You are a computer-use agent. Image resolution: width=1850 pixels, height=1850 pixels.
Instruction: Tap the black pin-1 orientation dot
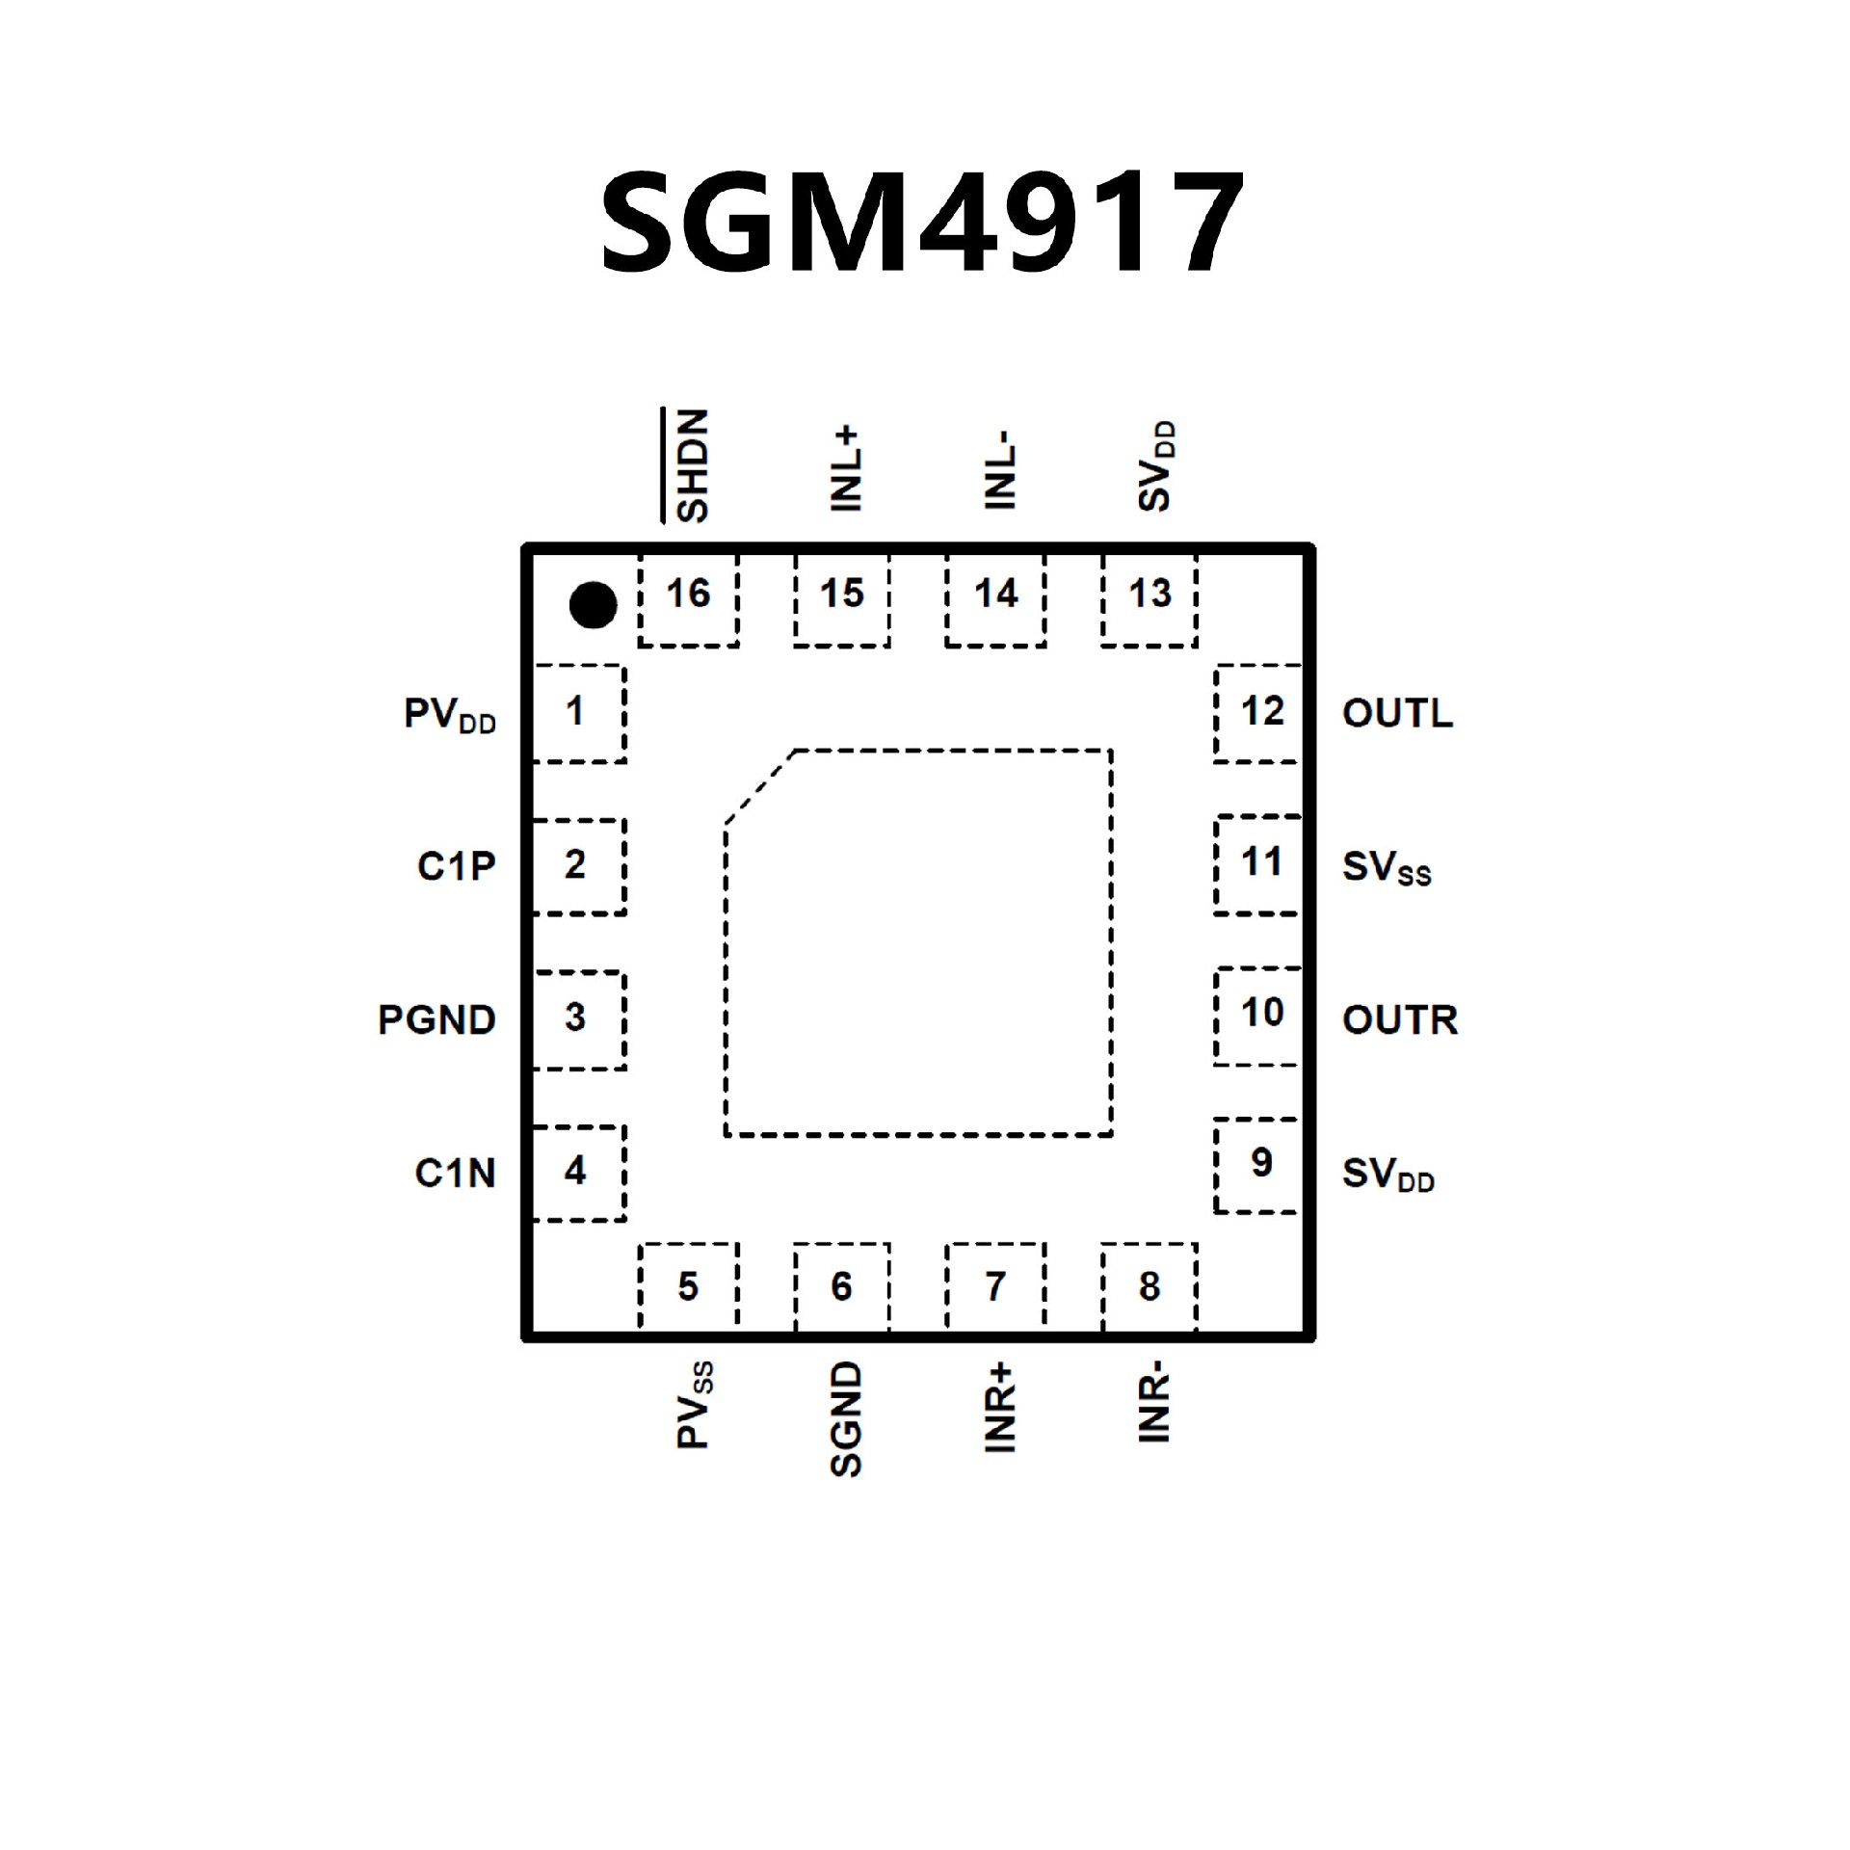[x=593, y=605]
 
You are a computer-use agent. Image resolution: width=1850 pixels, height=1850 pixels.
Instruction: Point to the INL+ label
[x=845, y=470]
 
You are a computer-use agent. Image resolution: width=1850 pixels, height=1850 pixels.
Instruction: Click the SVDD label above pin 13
[x=1155, y=466]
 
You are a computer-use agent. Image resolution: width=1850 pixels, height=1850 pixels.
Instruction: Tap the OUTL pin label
[x=1397, y=714]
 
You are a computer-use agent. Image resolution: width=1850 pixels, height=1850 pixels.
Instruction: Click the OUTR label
[x=1400, y=1020]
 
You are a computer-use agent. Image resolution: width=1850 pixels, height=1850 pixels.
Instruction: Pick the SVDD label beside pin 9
[x=1387, y=1175]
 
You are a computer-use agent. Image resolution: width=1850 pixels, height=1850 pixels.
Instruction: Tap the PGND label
[x=436, y=1020]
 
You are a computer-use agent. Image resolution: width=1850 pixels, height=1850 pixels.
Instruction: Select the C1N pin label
[x=455, y=1174]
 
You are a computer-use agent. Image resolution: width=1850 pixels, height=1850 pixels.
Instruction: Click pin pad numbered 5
[x=688, y=1286]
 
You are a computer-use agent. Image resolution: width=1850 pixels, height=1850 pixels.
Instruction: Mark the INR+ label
[x=999, y=1408]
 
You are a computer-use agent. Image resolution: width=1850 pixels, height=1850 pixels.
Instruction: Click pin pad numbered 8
[x=1150, y=1286]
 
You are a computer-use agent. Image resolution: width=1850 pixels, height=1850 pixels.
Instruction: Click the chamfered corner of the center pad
[x=760, y=786]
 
